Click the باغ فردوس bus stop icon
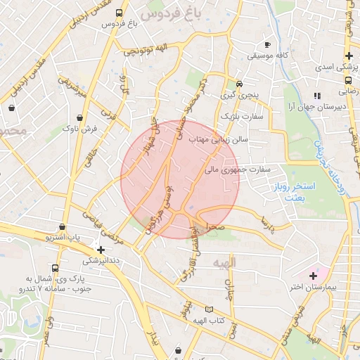pos(119,13)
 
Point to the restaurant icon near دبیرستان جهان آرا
pos(318,95)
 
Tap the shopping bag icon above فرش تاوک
pos(80,117)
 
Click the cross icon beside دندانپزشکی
pos(101,250)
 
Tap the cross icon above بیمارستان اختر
pos(314,275)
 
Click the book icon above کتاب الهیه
pos(207,309)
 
